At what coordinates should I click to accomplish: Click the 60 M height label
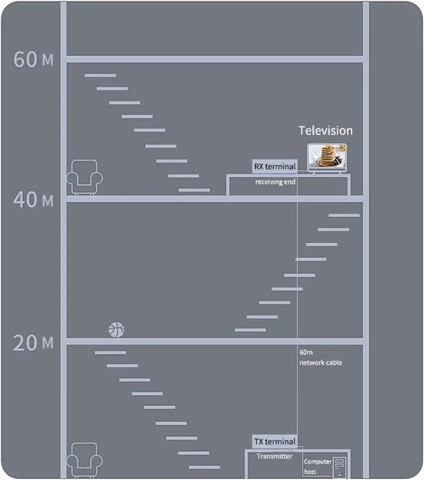pyautogui.click(x=33, y=59)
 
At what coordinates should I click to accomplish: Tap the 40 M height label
pyautogui.click(x=33, y=200)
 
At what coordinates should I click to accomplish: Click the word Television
pyautogui.click(x=325, y=131)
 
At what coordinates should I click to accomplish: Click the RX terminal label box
pyautogui.click(x=275, y=166)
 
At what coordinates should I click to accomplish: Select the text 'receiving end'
pyautogui.click(x=275, y=182)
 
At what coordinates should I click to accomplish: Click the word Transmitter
pyautogui.click(x=274, y=456)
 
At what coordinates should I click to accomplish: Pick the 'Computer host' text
pyautogui.click(x=317, y=466)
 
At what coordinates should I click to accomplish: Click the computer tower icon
pyautogui.click(x=341, y=466)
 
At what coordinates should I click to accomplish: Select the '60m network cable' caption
pyautogui.click(x=321, y=358)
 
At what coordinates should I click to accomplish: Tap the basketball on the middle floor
pyautogui.click(x=116, y=329)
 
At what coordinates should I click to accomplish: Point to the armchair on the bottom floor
pyautogui.click(x=84, y=459)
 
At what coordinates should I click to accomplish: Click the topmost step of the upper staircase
pyautogui.click(x=100, y=75)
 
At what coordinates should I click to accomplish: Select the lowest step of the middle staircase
pyautogui.click(x=250, y=330)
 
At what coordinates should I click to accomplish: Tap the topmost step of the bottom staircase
pyautogui.click(x=110, y=352)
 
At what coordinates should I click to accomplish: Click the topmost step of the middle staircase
pyautogui.click(x=344, y=215)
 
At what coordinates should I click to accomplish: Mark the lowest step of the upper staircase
pyautogui.click(x=194, y=190)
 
